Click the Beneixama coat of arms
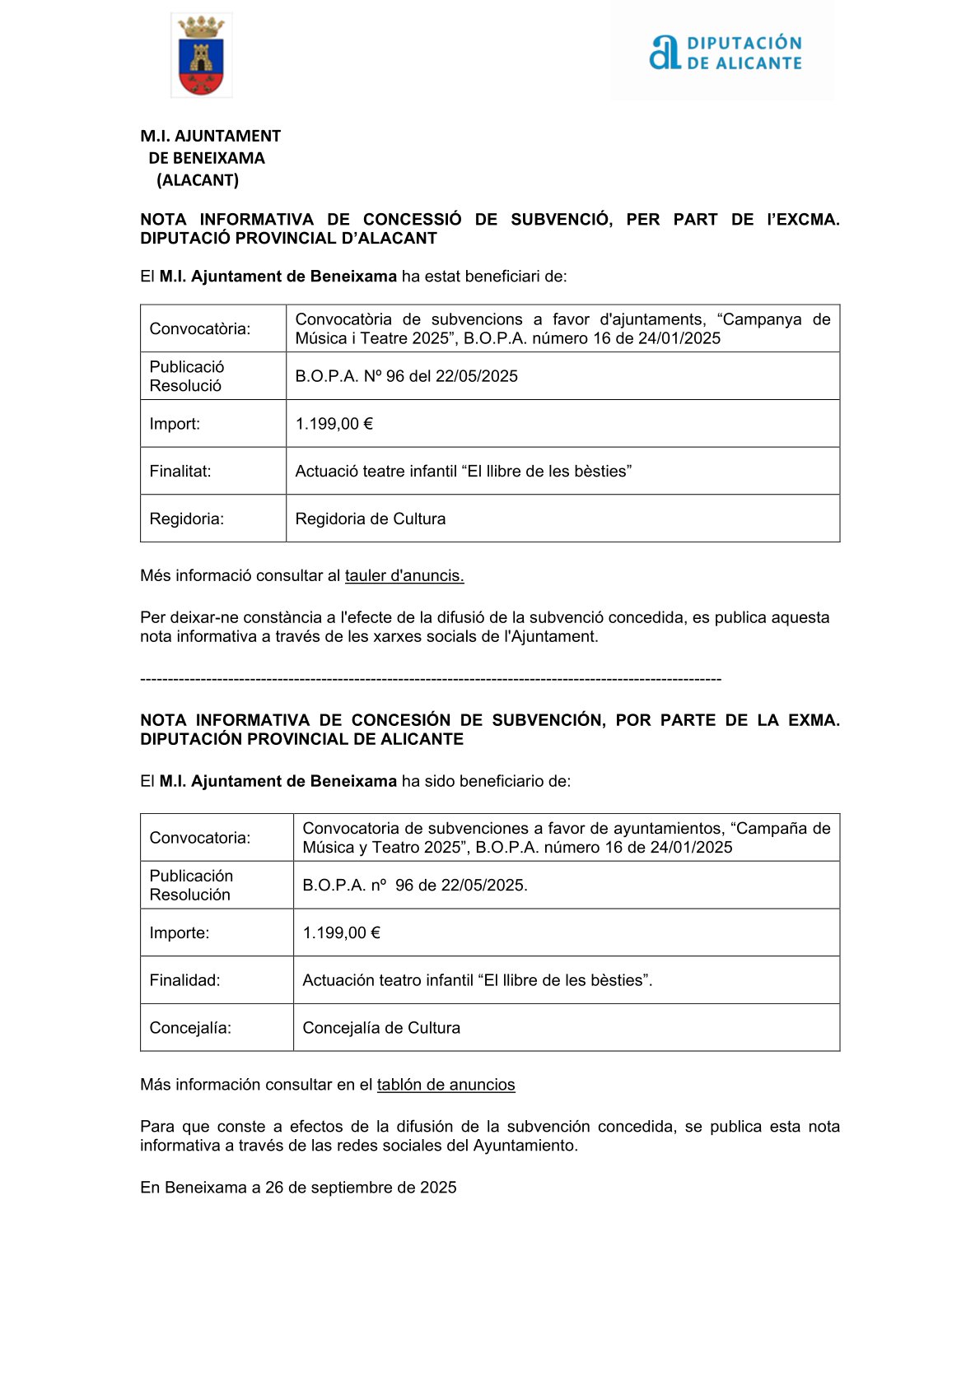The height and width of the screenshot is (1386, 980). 201,56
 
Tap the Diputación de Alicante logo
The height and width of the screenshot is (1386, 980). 725,53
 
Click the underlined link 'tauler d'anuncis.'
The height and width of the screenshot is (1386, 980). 404,576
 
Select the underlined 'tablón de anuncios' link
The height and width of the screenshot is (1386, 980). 446,1085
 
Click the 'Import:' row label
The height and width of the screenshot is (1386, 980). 175,424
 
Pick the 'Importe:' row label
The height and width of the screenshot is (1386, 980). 180,933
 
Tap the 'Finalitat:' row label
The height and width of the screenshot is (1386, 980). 180,472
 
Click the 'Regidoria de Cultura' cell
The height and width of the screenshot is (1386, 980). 371,519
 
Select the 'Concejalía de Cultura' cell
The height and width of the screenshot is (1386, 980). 381,1028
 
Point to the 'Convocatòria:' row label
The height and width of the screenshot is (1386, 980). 200,329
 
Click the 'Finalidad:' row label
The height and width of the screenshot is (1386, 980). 184,980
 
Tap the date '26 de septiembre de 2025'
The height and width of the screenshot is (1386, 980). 361,1188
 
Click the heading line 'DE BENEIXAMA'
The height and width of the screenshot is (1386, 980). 207,158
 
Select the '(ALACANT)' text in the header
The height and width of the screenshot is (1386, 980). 198,180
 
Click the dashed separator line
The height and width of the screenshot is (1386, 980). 431,680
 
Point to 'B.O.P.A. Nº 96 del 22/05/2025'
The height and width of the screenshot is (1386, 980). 407,376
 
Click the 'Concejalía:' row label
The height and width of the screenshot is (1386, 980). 190,1028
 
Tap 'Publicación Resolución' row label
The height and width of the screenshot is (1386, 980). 191,886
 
